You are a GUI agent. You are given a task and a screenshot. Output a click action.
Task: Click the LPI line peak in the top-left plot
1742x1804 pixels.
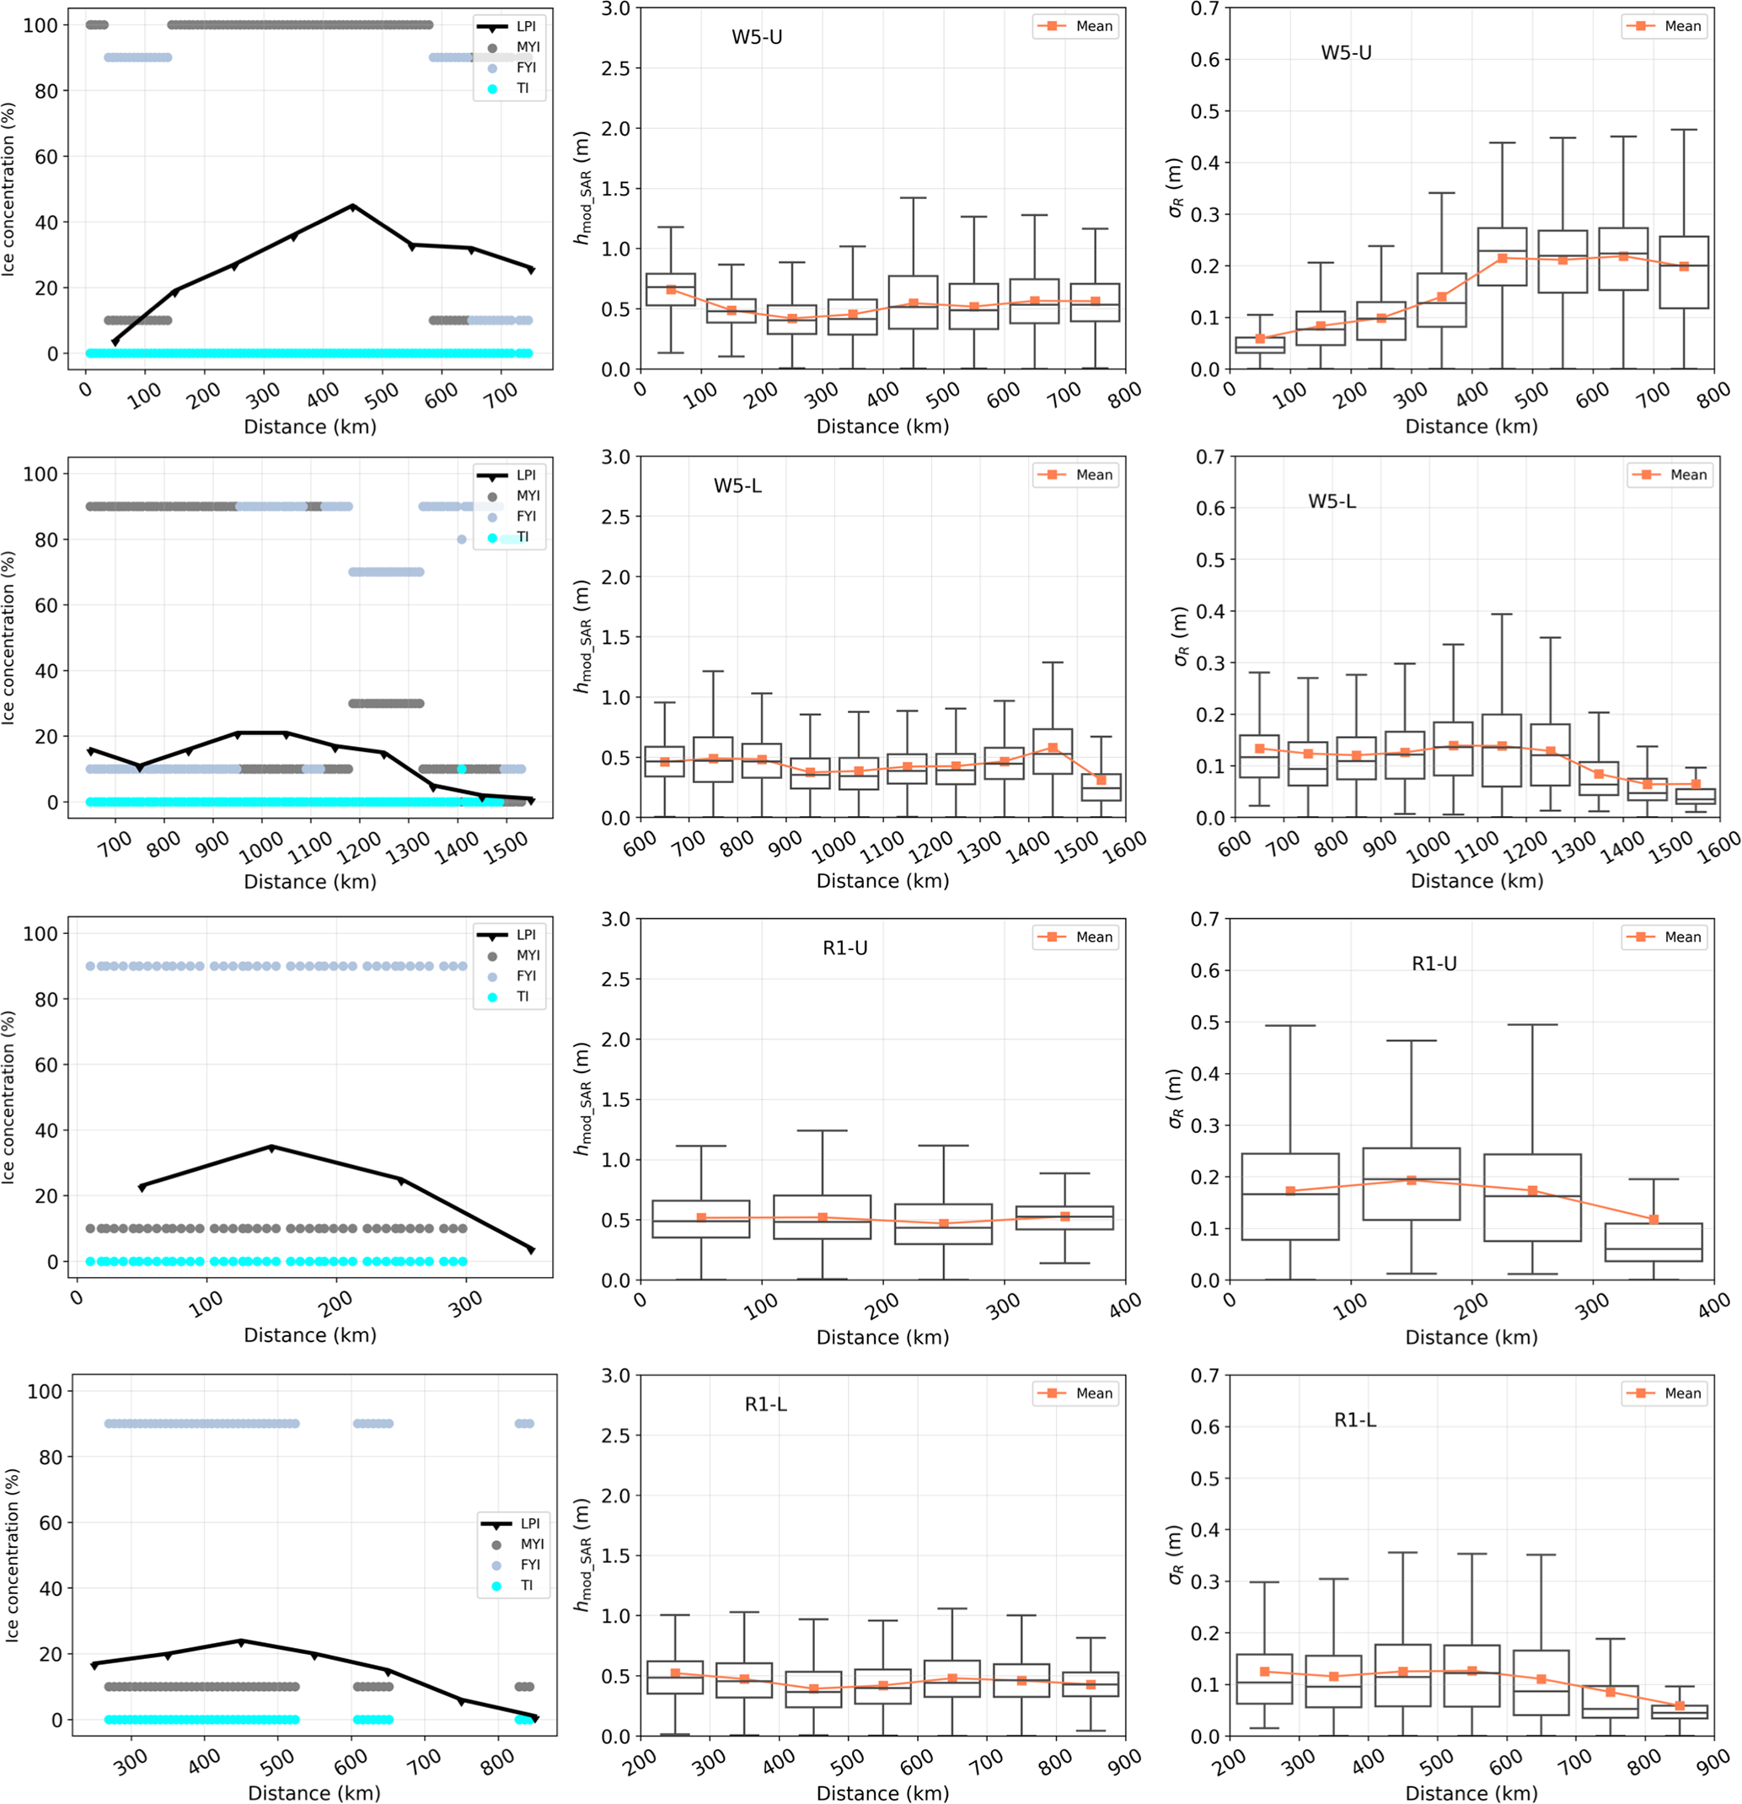[352, 207]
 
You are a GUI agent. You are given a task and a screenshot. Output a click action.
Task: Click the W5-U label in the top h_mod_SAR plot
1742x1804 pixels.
[757, 38]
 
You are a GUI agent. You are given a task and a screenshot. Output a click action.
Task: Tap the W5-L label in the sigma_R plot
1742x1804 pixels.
[1332, 502]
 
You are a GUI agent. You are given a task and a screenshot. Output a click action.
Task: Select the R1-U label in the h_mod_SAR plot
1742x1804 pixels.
[844, 948]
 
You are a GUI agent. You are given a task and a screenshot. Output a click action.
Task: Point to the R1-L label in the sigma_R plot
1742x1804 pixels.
[1354, 1420]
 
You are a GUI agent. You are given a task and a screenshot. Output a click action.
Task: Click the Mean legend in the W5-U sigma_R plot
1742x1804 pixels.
[1668, 27]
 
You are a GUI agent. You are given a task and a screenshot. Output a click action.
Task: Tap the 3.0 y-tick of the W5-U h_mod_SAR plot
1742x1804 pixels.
[614, 9]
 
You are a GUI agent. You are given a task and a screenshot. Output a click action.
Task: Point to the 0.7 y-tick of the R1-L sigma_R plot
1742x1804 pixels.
[1203, 1375]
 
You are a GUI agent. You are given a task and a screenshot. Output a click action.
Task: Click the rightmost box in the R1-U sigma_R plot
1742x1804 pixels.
[1654, 1242]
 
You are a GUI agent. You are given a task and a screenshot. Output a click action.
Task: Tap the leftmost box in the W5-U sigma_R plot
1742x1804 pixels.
[1260, 344]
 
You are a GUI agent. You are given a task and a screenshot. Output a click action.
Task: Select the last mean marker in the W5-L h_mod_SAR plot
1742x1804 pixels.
[1101, 780]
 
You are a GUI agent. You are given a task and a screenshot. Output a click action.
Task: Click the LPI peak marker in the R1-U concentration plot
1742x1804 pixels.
[271, 1148]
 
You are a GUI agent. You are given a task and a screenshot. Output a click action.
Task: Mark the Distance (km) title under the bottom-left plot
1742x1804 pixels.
[314, 1792]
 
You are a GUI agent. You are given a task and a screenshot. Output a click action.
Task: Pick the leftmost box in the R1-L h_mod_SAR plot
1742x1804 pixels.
[675, 1677]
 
